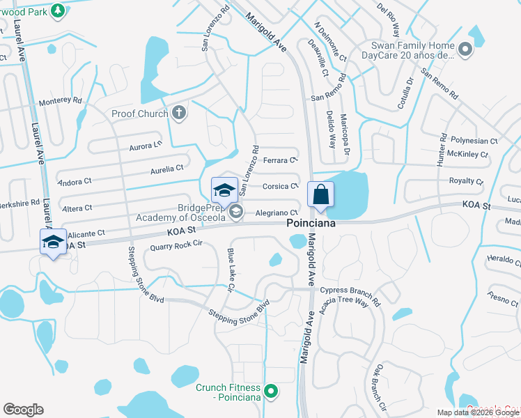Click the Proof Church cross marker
coord(180,114)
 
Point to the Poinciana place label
coord(311,224)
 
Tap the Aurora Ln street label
coord(145,146)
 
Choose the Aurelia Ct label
coord(167,168)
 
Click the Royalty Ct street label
coord(466,181)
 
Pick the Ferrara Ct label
coord(281,160)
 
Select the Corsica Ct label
coord(281,186)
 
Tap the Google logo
coord(23,410)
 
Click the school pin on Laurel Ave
coord(54,242)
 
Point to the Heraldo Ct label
coord(503,260)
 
